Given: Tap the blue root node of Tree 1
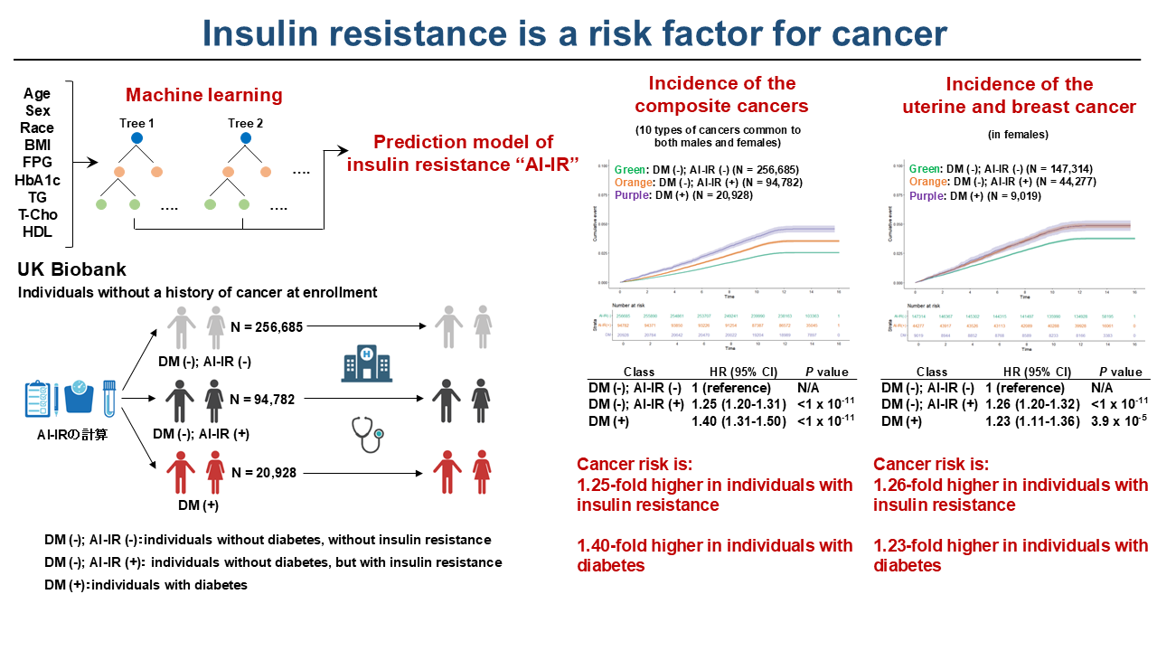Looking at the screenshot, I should (x=137, y=138).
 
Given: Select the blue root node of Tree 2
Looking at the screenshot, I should (x=246, y=138).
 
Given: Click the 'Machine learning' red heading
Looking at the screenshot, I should (x=203, y=95).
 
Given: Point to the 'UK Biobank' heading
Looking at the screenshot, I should (x=71, y=269).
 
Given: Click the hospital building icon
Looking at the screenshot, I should (x=358, y=365).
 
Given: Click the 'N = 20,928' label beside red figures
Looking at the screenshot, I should (x=263, y=472).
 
